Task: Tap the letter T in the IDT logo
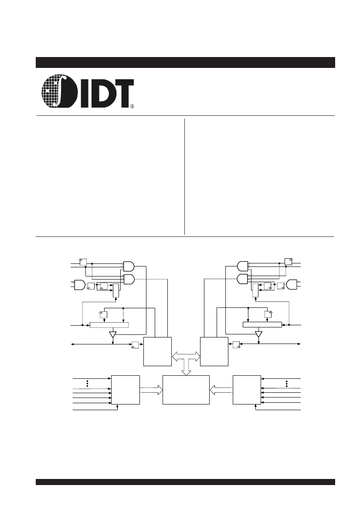123,92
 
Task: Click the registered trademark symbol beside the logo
132,106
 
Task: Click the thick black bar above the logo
185,62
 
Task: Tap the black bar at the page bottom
185,482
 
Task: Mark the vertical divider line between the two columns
184,176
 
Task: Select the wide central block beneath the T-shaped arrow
186,390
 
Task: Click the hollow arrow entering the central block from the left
151,390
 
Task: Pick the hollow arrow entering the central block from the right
221,390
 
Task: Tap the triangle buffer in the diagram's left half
113,334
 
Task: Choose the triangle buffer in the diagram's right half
258,334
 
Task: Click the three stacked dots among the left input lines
88,383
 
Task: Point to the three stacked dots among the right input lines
287,383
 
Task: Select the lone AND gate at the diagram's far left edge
80,285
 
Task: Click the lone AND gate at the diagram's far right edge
292,285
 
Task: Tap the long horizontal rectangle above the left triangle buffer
109,325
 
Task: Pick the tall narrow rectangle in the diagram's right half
255,290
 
